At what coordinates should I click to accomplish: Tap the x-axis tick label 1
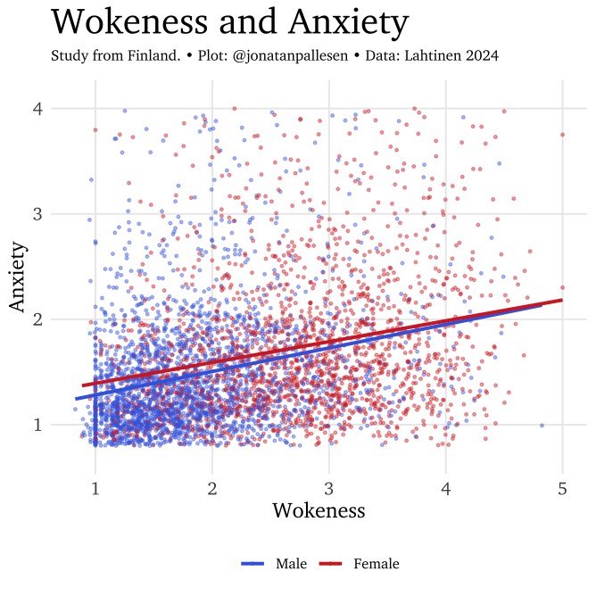coord(95,488)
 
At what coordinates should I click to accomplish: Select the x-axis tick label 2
coord(212,488)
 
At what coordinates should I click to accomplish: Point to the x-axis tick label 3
coord(329,488)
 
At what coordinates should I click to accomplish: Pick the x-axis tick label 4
coord(446,488)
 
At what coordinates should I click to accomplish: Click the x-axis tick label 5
coord(563,488)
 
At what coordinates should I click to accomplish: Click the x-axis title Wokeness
coord(319,510)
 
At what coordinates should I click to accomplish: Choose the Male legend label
coord(292,564)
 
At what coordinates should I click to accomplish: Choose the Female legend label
coord(377,564)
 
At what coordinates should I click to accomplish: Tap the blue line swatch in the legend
coord(253,564)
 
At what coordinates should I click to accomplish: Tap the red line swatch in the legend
coord(331,564)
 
